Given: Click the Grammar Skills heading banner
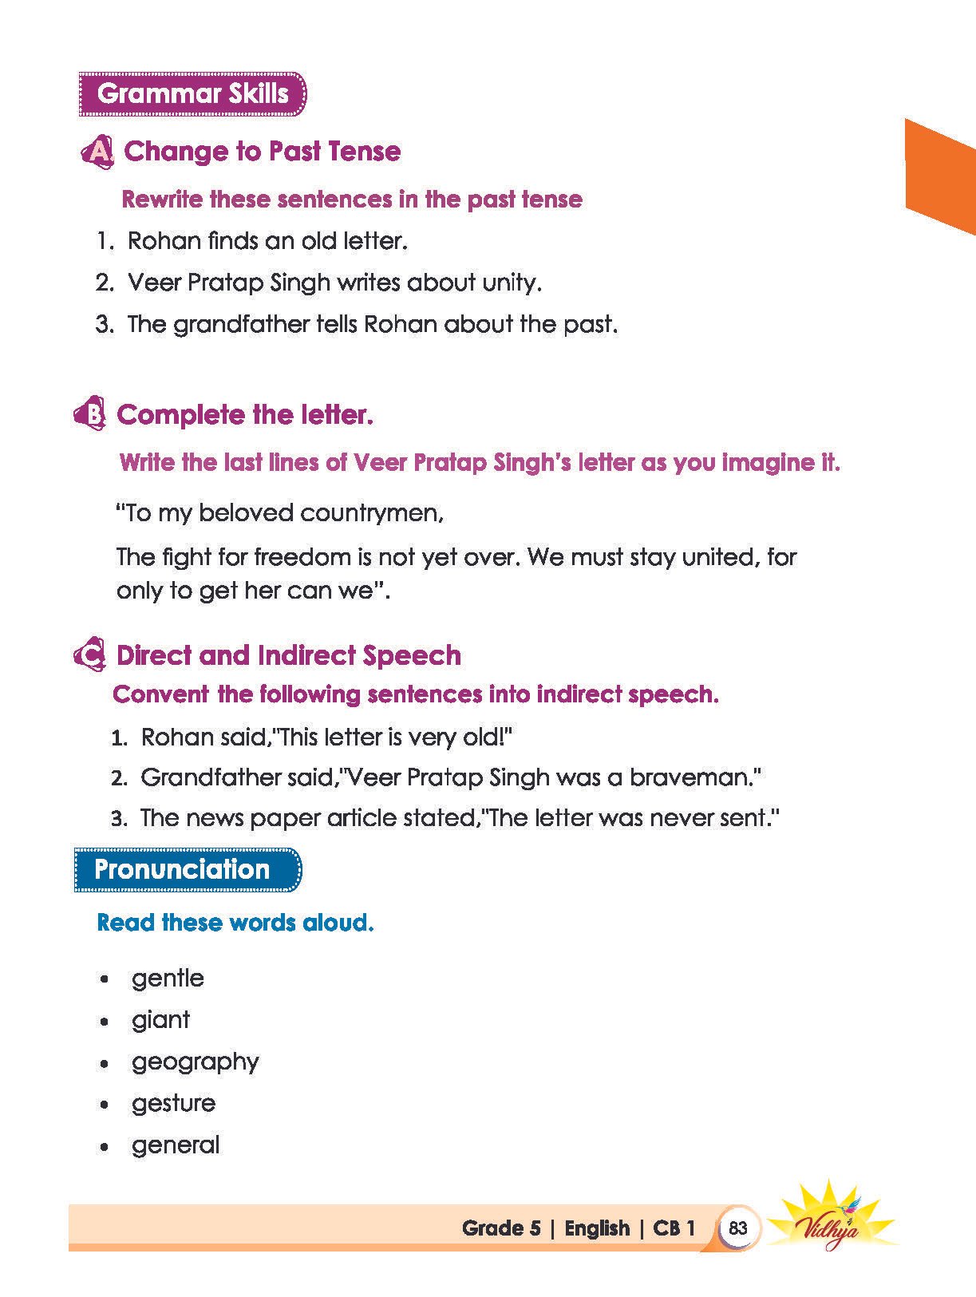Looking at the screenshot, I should (x=192, y=93).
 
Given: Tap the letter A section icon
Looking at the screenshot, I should (x=97, y=152).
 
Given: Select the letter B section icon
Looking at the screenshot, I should (x=90, y=414).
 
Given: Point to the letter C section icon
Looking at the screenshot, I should (x=89, y=655).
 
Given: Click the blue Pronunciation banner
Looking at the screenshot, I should (x=188, y=869).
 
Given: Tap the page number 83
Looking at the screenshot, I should (x=737, y=1228).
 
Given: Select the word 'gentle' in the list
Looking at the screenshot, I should (x=168, y=979).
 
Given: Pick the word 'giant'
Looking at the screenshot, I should (x=160, y=1020).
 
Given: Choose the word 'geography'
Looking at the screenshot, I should (x=195, y=1062).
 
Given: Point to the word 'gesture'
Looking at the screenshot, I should (x=173, y=1104).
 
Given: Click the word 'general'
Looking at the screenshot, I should (x=176, y=1145).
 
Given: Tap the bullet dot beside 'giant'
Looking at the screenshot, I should (x=104, y=1022).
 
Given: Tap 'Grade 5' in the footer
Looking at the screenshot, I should (x=501, y=1228).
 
